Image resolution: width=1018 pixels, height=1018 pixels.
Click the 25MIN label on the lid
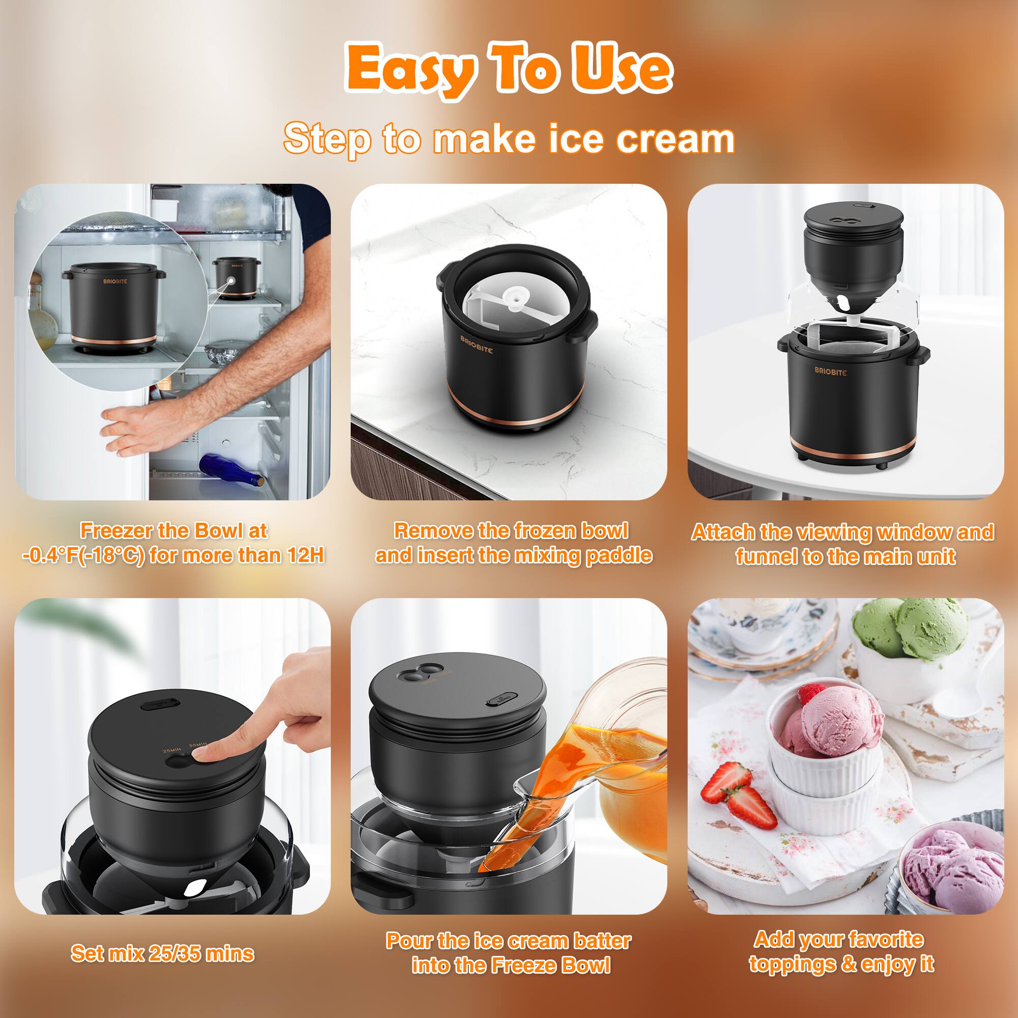pyautogui.click(x=172, y=749)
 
